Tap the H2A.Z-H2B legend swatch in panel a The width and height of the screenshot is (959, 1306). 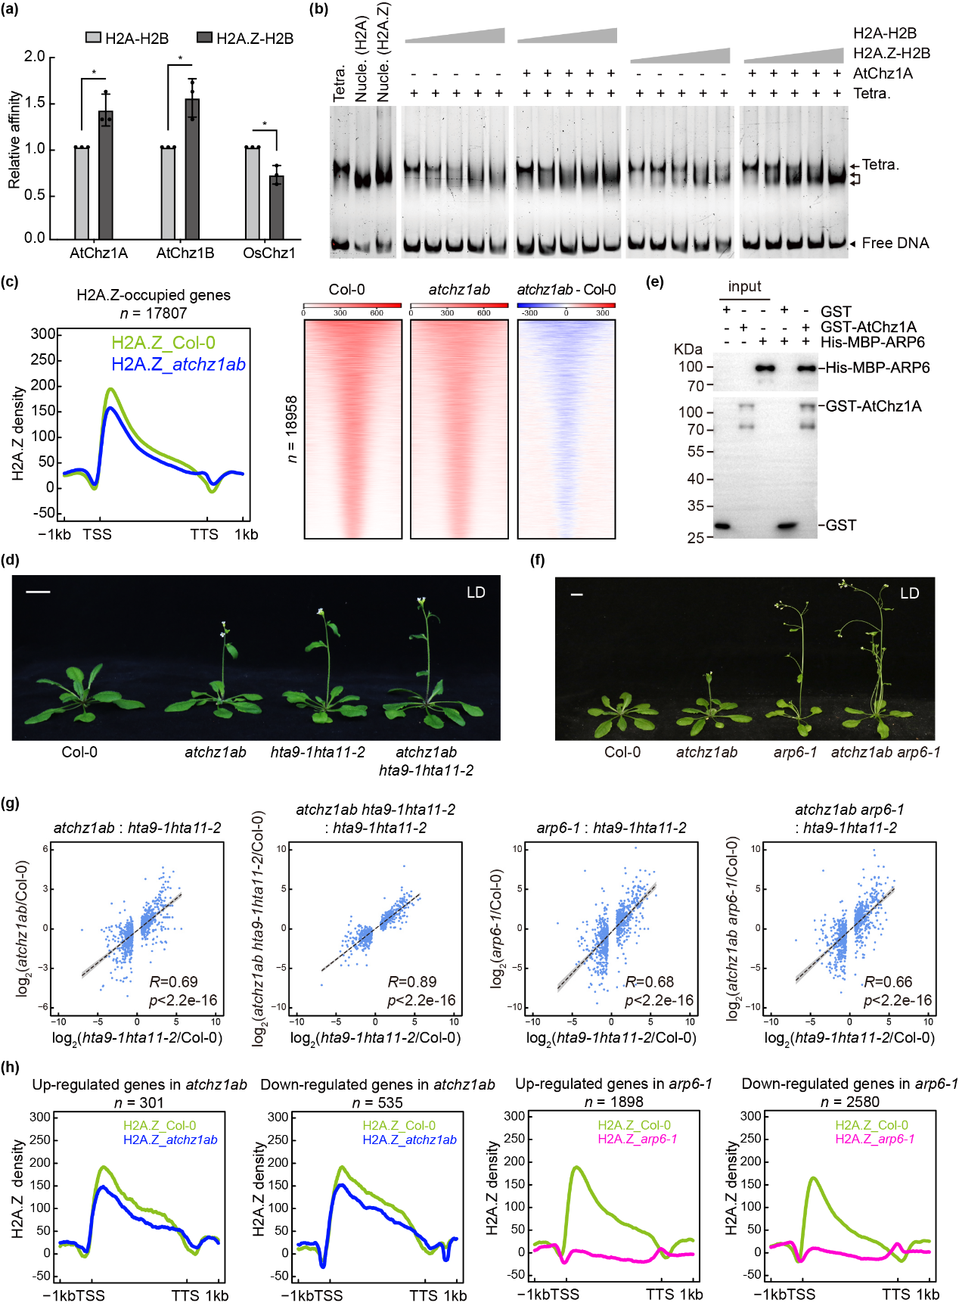coord(204,38)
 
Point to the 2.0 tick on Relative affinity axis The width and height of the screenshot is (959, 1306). coord(35,57)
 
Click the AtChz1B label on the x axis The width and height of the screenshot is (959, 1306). coord(185,253)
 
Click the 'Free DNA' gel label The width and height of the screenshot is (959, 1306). coord(895,243)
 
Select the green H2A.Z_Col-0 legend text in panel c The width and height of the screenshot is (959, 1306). coord(163,343)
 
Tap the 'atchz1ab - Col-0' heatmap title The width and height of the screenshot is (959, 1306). coord(566,290)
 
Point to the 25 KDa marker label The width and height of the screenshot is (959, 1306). coord(695,538)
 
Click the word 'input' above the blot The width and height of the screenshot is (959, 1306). coord(744,286)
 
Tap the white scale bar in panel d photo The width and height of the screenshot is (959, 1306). coord(38,592)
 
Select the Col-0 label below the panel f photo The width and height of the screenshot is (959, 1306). coord(622,752)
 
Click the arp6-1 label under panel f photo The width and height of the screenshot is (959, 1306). coord(795,752)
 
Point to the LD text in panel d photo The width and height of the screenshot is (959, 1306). coord(476,592)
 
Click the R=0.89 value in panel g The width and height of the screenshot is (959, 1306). coord(412,982)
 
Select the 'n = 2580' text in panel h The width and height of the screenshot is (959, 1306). coord(850,1102)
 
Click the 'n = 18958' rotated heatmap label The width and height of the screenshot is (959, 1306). coord(292,428)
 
